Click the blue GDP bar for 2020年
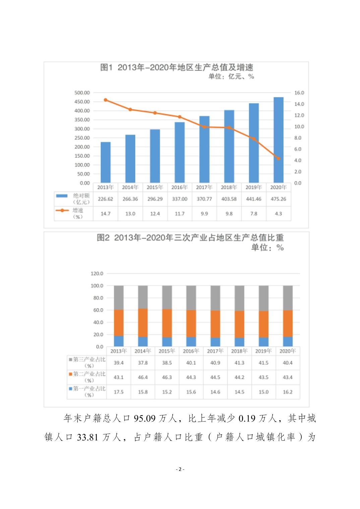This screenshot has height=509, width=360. (x=278, y=140)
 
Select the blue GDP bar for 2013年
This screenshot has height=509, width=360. (x=106, y=162)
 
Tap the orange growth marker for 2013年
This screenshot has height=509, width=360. (x=106, y=100)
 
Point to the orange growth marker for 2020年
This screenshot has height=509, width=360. (x=278, y=158)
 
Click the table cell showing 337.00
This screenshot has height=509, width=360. (x=180, y=199)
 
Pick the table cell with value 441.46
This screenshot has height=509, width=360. (x=254, y=199)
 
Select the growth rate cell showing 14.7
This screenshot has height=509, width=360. (x=106, y=214)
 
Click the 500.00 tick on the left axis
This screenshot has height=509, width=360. (x=82, y=93)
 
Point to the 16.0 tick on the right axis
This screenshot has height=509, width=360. (x=299, y=93)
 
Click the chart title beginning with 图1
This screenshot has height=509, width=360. (x=177, y=67)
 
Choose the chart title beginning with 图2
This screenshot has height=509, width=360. (x=190, y=238)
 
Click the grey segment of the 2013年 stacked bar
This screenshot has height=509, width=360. (x=119, y=297)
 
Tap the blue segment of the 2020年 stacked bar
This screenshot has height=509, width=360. (x=288, y=342)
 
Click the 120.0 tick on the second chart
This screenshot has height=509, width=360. (x=97, y=274)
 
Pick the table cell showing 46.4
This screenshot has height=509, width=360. (x=143, y=377)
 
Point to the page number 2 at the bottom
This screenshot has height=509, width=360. (x=180, y=469)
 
